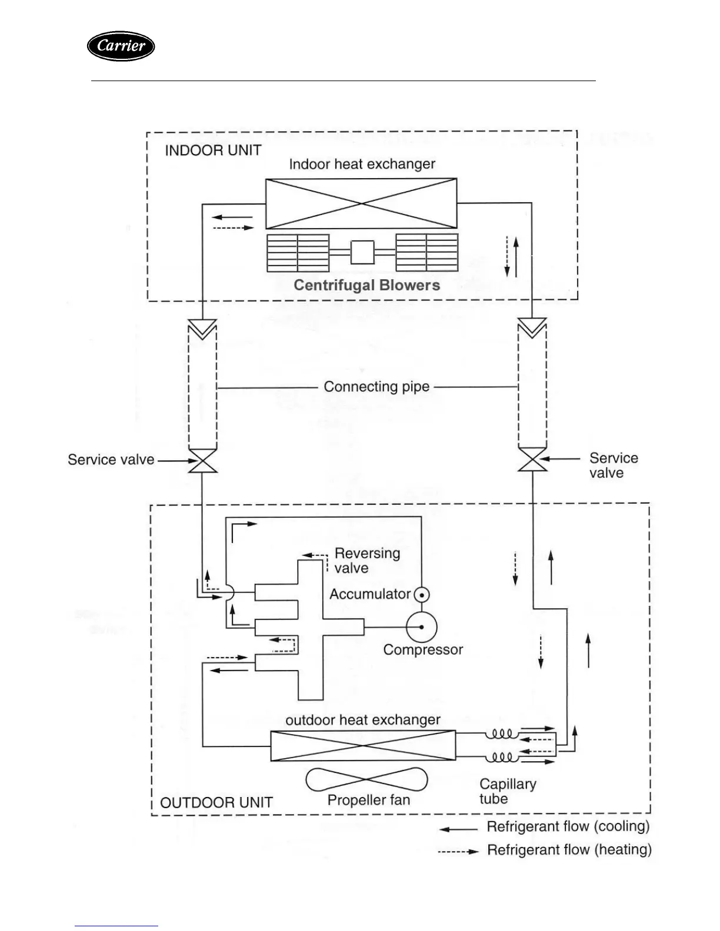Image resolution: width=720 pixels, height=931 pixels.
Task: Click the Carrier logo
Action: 121,46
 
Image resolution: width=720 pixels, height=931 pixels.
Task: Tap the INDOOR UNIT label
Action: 213,150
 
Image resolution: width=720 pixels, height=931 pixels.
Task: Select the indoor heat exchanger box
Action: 361,203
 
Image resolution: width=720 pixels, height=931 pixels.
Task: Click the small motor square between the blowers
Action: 362,253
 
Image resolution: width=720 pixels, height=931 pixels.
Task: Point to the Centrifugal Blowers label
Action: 366,286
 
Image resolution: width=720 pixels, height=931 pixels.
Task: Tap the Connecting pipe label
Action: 376,387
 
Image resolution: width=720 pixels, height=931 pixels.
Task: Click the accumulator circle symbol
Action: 422,595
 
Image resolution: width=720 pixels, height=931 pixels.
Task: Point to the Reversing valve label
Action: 367,561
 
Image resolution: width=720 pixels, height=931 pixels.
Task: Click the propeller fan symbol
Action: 366,780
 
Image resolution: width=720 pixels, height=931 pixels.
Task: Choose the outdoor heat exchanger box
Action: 362,745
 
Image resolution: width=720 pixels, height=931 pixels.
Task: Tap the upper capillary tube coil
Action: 501,734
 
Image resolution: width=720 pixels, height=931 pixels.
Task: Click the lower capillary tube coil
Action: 501,757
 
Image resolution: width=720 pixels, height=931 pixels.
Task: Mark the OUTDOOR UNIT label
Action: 216,803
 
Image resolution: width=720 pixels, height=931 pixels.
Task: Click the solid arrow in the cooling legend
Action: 459,829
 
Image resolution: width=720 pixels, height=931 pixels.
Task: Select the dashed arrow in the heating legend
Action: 458,851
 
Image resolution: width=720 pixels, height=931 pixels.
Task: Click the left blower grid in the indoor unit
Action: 298,253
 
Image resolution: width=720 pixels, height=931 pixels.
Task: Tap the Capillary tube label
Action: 507,791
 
